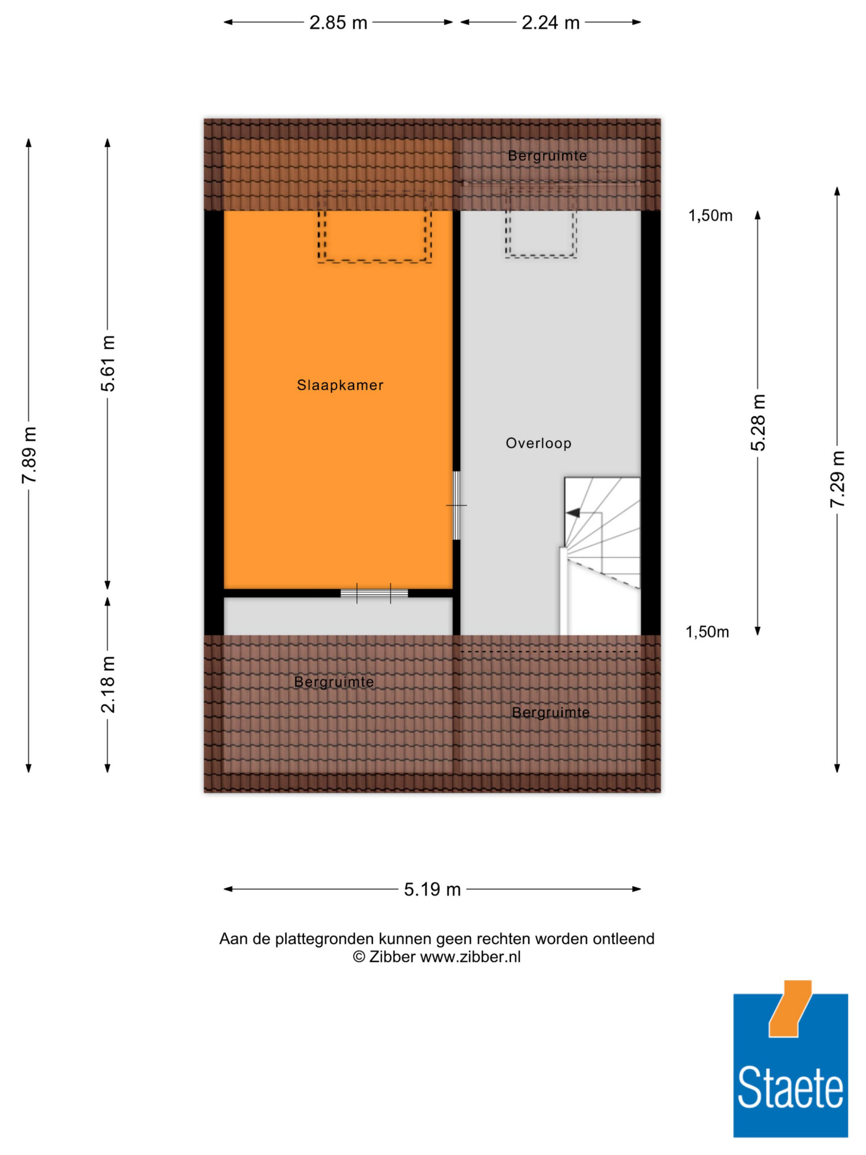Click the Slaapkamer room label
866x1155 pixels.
(x=340, y=385)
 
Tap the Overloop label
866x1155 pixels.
(x=538, y=443)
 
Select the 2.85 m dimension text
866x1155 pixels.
(x=338, y=23)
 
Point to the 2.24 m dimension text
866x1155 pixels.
(x=551, y=23)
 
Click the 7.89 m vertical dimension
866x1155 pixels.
(x=29, y=455)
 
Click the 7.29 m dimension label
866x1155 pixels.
(x=837, y=479)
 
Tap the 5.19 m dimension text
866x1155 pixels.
(x=432, y=889)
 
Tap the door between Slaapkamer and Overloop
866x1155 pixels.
(x=456, y=505)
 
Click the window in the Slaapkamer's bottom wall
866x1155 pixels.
(x=374, y=593)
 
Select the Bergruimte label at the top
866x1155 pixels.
(x=547, y=155)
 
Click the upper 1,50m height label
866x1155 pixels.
(x=710, y=216)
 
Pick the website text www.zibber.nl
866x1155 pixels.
(x=470, y=957)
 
